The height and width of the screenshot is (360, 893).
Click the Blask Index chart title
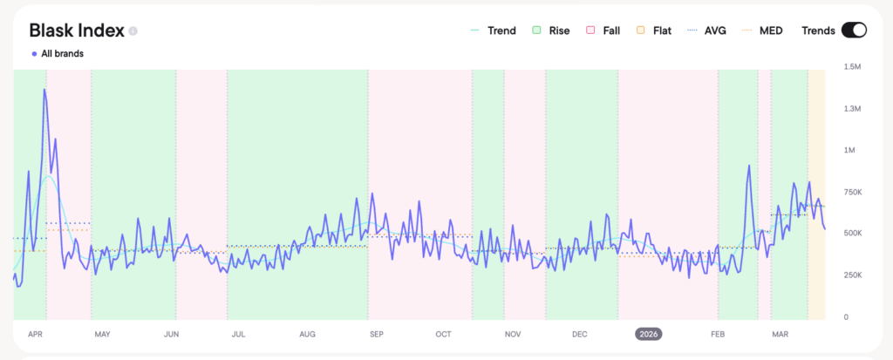[x=76, y=30]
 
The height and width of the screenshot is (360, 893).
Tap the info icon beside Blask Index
[x=133, y=31]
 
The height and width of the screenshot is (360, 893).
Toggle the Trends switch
[x=853, y=31]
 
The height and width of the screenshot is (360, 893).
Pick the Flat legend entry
[x=654, y=31]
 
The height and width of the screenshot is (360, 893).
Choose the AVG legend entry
[x=707, y=31]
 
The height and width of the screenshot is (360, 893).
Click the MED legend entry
[x=763, y=31]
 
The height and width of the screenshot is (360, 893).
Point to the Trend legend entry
[x=494, y=31]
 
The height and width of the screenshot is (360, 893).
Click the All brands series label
[x=58, y=53]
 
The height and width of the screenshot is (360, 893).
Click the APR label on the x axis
[x=36, y=334]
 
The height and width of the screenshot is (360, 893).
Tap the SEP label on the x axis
[x=376, y=334]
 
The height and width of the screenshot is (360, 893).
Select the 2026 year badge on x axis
[x=649, y=334]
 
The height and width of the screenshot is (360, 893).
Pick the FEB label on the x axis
[x=718, y=334]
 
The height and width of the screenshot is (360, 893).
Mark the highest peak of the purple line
[x=44, y=89]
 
